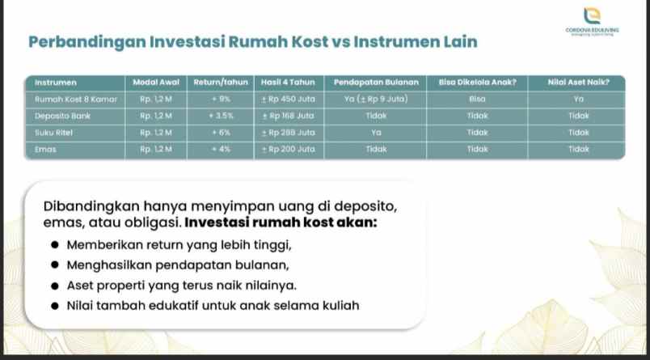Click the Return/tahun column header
(220, 83)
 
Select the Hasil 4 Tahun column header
(288, 83)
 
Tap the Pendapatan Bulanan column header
(376, 83)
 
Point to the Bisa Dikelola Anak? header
(477, 83)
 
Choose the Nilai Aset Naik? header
(578, 83)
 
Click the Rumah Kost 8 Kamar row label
(76, 100)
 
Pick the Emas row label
(45, 150)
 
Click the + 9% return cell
(221, 100)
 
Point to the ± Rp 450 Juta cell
(288, 100)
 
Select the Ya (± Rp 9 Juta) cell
(376, 100)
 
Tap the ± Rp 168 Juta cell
(288, 116)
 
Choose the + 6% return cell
(221, 133)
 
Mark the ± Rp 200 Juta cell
(288, 150)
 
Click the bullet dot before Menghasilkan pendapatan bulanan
(54, 265)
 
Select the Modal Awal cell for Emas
(156, 150)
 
